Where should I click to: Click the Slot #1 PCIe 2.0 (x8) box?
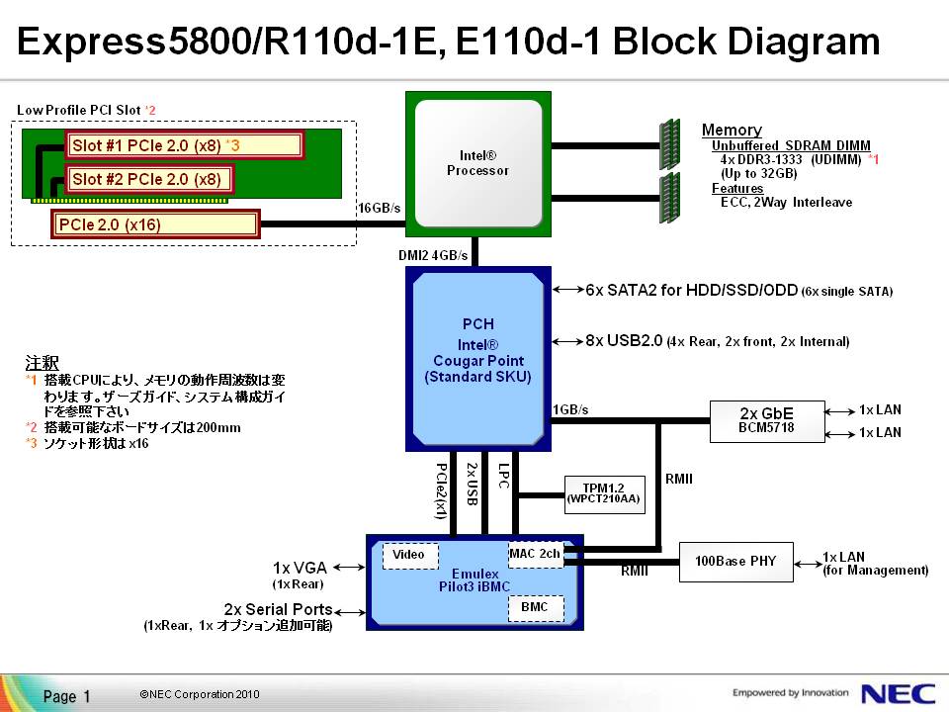tap(184, 145)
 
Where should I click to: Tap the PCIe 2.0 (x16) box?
tap(155, 224)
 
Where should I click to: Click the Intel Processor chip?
tap(477, 163)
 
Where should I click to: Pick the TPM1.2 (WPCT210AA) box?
tap(603, 492)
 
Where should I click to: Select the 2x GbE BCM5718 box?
tap(767, 419)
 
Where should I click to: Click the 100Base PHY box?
tap(735, 561)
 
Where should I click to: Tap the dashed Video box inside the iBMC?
tap(409, 555)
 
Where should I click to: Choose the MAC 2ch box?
tap(536, 554)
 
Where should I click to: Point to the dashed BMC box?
tap(535, 606)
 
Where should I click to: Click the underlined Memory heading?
tap(732, 130)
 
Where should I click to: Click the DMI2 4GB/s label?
tap(433, 256)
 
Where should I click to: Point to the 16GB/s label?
tap(379, 208)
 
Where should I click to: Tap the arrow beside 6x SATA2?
tap(567, 290)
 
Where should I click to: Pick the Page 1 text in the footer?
tap(67, 696)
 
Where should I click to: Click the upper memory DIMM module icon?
tap(670, 144)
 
